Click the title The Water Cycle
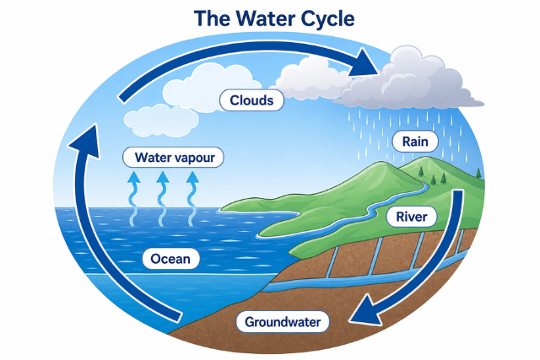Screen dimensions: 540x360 (274, 19)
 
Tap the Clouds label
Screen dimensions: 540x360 (251, 100)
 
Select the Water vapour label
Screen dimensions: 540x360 (173, 158)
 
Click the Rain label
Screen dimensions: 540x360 (415, 142)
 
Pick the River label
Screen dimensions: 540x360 (412, 217)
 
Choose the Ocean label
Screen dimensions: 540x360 (170, 259)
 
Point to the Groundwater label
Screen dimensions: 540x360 (283, 322)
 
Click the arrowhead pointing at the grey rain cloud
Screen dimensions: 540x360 (364, 64)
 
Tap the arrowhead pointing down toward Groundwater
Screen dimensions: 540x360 (365, 311)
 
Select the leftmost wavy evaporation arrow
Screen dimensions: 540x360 (134, 199)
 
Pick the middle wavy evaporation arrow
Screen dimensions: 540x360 (163, 199)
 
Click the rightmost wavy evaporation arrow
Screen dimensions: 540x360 (192, 199)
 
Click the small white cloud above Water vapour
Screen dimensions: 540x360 (161, 121)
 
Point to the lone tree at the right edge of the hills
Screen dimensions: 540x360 (478, 173)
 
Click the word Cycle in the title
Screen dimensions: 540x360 (328, 19)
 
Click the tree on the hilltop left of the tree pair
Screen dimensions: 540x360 (420, 172)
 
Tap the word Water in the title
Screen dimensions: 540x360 (263, 19)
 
